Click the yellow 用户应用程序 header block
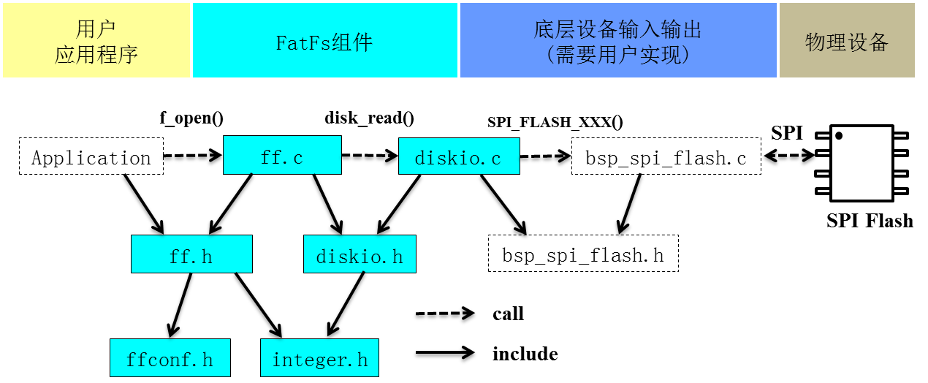(96, 40)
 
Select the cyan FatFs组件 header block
(324, 40)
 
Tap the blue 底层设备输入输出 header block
(617, 40)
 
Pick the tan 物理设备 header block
(846, 40)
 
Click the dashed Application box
(91, 157)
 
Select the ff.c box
(282, 155)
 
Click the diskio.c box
(459, 156)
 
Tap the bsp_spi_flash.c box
(666, 157)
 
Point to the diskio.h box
(360, 255)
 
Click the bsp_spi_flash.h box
(583, 254)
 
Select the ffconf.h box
(170, 358)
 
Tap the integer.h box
(320, 358)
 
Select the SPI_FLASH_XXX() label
(555, 122)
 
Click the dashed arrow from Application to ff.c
(192, 155)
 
